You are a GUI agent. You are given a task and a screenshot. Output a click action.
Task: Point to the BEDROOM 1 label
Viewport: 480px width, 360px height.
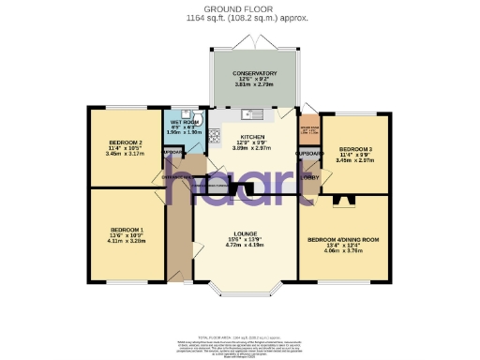point(127,230)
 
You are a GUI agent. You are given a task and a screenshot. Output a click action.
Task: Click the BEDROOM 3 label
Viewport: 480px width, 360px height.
point(354,149)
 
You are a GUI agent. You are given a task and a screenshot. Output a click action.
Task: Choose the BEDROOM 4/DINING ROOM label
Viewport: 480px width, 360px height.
point(342,240)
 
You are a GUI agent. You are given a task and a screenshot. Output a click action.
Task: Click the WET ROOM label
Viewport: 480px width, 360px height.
point(184,122)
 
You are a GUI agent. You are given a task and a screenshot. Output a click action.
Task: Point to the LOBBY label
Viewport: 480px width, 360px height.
point(309,175)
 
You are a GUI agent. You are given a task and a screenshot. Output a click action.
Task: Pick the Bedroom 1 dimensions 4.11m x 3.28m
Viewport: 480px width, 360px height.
point(127,242)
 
